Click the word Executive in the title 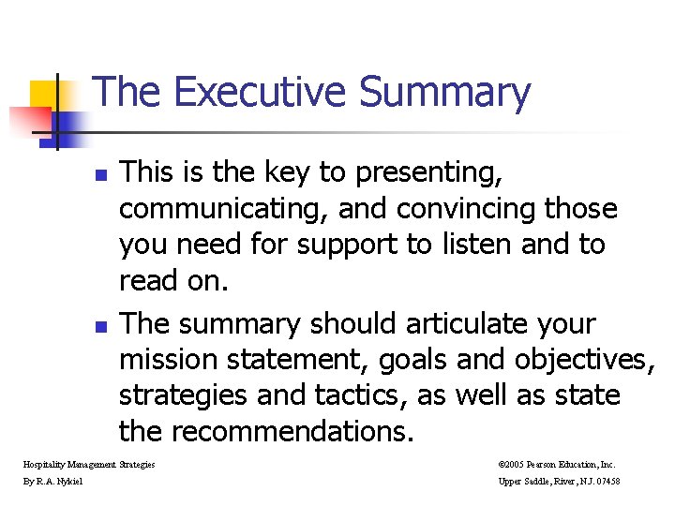coord(260,93)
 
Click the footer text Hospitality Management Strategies coord(90,464)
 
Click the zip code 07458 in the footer coord(605,482)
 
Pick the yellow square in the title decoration coord(44,94)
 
